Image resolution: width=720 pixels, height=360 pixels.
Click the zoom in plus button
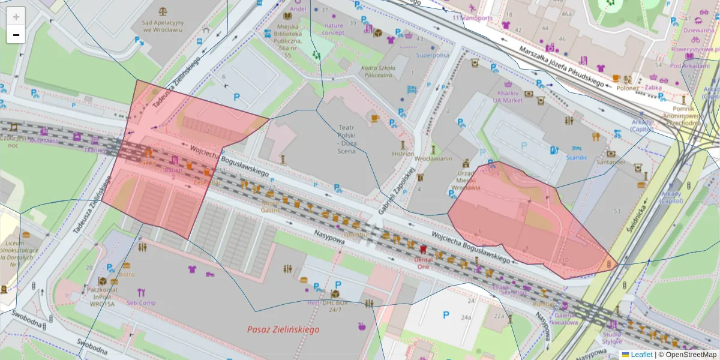[16, 17]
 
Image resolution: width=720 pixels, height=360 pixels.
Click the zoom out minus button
[16, 35]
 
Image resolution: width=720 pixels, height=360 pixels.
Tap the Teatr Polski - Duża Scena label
[347, 139]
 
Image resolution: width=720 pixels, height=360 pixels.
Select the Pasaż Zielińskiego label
[283, 329]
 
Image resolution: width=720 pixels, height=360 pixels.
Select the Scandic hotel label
[577, 158]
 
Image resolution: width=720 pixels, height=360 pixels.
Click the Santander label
[611, 162]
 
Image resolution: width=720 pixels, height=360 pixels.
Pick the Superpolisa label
[433, 55]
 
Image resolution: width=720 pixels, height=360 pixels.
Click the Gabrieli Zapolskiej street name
[398, 191]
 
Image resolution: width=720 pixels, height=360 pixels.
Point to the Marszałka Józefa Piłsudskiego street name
[562, 67]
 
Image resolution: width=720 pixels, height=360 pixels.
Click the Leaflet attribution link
[641, 355]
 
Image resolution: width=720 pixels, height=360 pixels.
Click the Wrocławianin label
[433, 158]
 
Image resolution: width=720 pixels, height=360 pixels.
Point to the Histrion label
[403, 154]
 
